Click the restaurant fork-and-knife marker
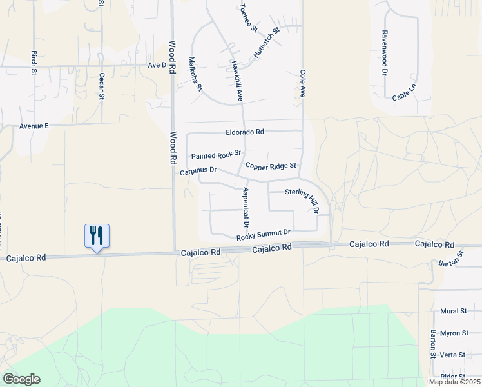(97, 235)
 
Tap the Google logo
(21, 379)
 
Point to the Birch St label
(34, 63)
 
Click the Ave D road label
(157, 65)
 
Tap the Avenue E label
(34, 126)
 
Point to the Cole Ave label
(302, 84)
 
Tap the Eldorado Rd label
(245, 132)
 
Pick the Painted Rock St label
(216, 155)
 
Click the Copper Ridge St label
(271, 166)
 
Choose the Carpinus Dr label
(197, 171)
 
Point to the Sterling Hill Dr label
(303, 200)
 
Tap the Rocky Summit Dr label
(264, 235)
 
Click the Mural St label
(454, 311)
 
